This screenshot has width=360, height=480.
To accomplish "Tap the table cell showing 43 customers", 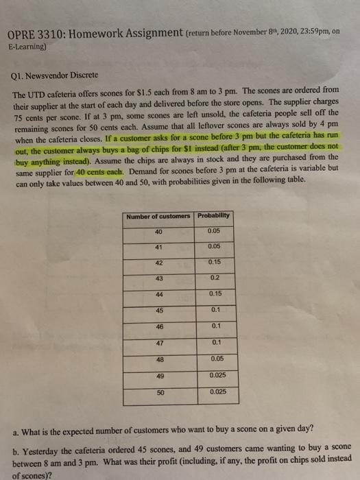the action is click(160, 277).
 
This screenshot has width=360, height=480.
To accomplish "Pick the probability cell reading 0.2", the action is click(216, 277).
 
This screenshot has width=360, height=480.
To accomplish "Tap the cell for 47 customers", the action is click(160, 342).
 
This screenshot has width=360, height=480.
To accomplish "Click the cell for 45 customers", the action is click(160, 310).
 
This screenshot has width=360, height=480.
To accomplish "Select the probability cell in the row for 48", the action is click(216, 359).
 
